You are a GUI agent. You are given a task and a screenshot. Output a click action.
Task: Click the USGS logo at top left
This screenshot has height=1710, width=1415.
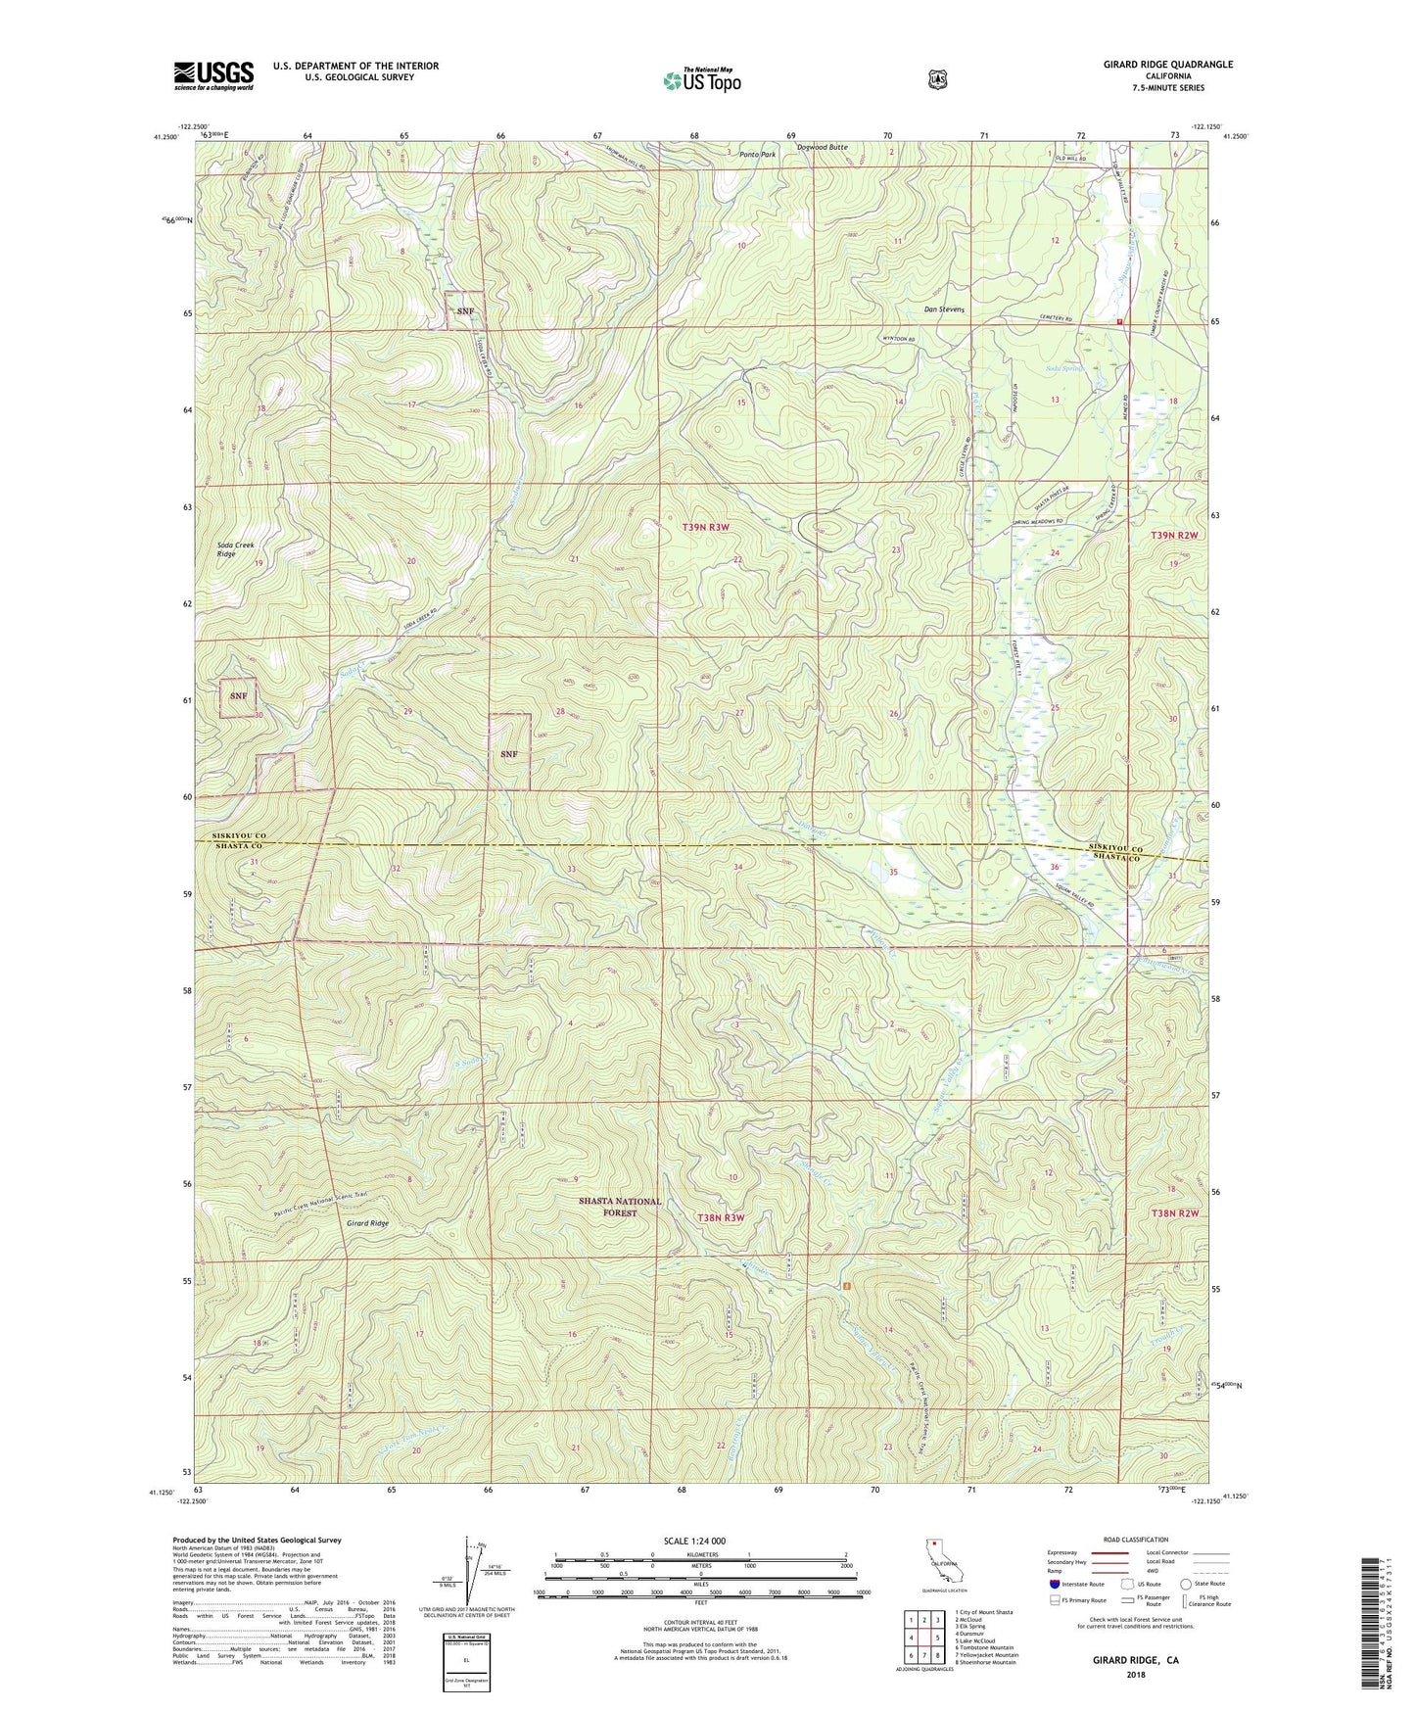pyautogui.click(x=213, y=75)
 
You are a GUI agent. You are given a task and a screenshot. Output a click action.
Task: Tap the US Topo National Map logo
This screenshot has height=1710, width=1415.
pyautogui.click(x=700, y=80)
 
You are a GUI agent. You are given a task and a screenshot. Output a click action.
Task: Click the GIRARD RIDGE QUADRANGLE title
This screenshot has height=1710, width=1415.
pyautogui.click(x=1154, y=65)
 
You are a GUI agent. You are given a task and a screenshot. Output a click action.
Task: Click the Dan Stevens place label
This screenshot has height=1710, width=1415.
pyautogui.click(x=944, y=309)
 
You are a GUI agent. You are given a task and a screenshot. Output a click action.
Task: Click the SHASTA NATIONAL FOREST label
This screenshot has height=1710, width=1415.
pyautogui.click(x=619, y=1207)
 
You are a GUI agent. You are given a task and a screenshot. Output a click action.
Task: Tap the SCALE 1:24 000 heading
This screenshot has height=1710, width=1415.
pyautogui.click(x=694, y=1542)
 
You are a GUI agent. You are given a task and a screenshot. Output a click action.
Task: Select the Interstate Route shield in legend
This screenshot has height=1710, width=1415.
pyautogui.click(x=1054, y=1583)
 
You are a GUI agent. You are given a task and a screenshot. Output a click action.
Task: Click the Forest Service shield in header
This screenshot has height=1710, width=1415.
pyautogui.click(x=937, y=78)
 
